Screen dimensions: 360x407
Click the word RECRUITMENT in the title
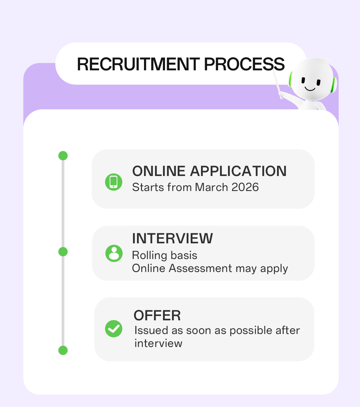click(x=138, y=64)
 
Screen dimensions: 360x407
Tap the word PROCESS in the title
click(x=244, y=64)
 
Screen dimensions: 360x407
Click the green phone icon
click(x=114, y=182)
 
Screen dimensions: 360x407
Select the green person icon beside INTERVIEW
click(x=114, y=253)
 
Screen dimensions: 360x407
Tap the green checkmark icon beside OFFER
click(x=114, y=329)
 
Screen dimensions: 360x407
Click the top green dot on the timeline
click(x=63, y=156)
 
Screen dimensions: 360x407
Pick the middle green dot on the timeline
click(x=63, y=252)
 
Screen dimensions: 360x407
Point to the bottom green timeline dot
click(x=63, y=350)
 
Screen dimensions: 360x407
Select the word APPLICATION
click(x=238, y=171)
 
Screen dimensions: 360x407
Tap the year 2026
click(x=245, y=187)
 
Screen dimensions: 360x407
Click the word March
click(x=211, y=187)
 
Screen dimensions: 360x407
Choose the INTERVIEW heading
click(x=172, y=238)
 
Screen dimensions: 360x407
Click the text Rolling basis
click(x=165, y=255)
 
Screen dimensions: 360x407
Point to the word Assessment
click(x=200, y=268)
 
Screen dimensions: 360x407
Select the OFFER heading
click(x=157, y=315)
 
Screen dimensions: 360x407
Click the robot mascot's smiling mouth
click(x=310, y=89)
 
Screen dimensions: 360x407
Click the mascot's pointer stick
click(x=277, y=84)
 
